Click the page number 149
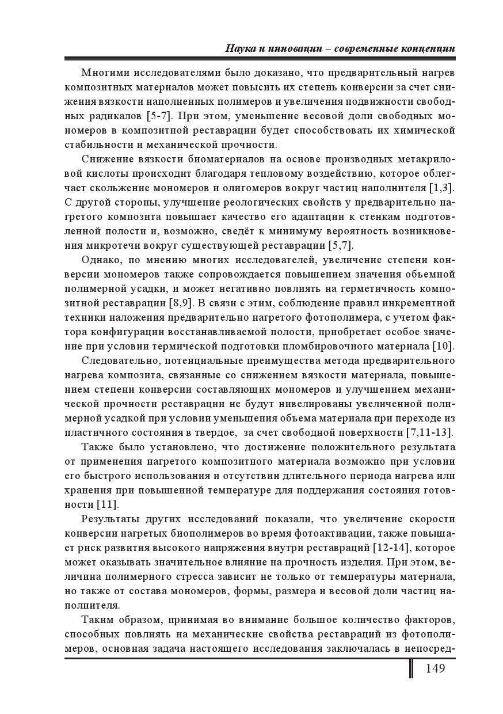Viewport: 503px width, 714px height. (435, 669)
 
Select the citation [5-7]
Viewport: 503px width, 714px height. (158, 116)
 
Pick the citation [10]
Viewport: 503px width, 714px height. (443, 346)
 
